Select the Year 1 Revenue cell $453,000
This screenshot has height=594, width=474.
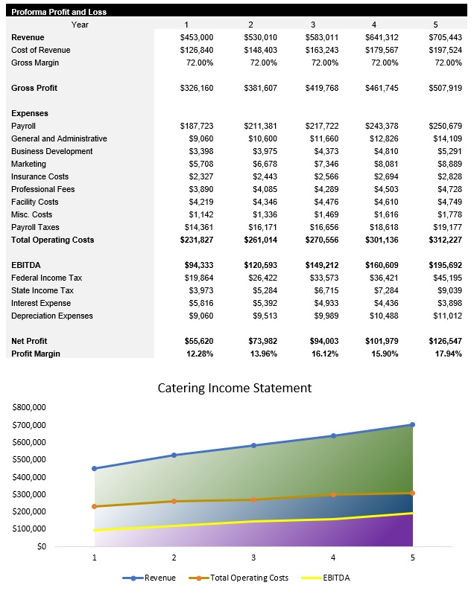(197, 37)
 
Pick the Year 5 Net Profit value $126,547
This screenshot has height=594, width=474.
(445, 341)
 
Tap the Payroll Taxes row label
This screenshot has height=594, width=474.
(35, 227)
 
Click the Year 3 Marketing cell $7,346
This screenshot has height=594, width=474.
(322, 164)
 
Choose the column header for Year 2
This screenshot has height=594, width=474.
(250, 25)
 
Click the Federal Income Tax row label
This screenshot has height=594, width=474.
(46, 278)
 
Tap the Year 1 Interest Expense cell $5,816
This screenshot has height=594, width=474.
(199, 303)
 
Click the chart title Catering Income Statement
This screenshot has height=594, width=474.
(235, 388)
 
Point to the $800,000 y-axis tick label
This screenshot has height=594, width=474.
(29, 408)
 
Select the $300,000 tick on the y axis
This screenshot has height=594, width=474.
(29, 494)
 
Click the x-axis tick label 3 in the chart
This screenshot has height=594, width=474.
(253, 557)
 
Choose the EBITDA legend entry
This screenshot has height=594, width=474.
(326, 578)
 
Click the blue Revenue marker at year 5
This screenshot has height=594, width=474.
(412, 425)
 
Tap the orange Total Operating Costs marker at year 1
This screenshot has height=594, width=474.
(94, 506)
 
